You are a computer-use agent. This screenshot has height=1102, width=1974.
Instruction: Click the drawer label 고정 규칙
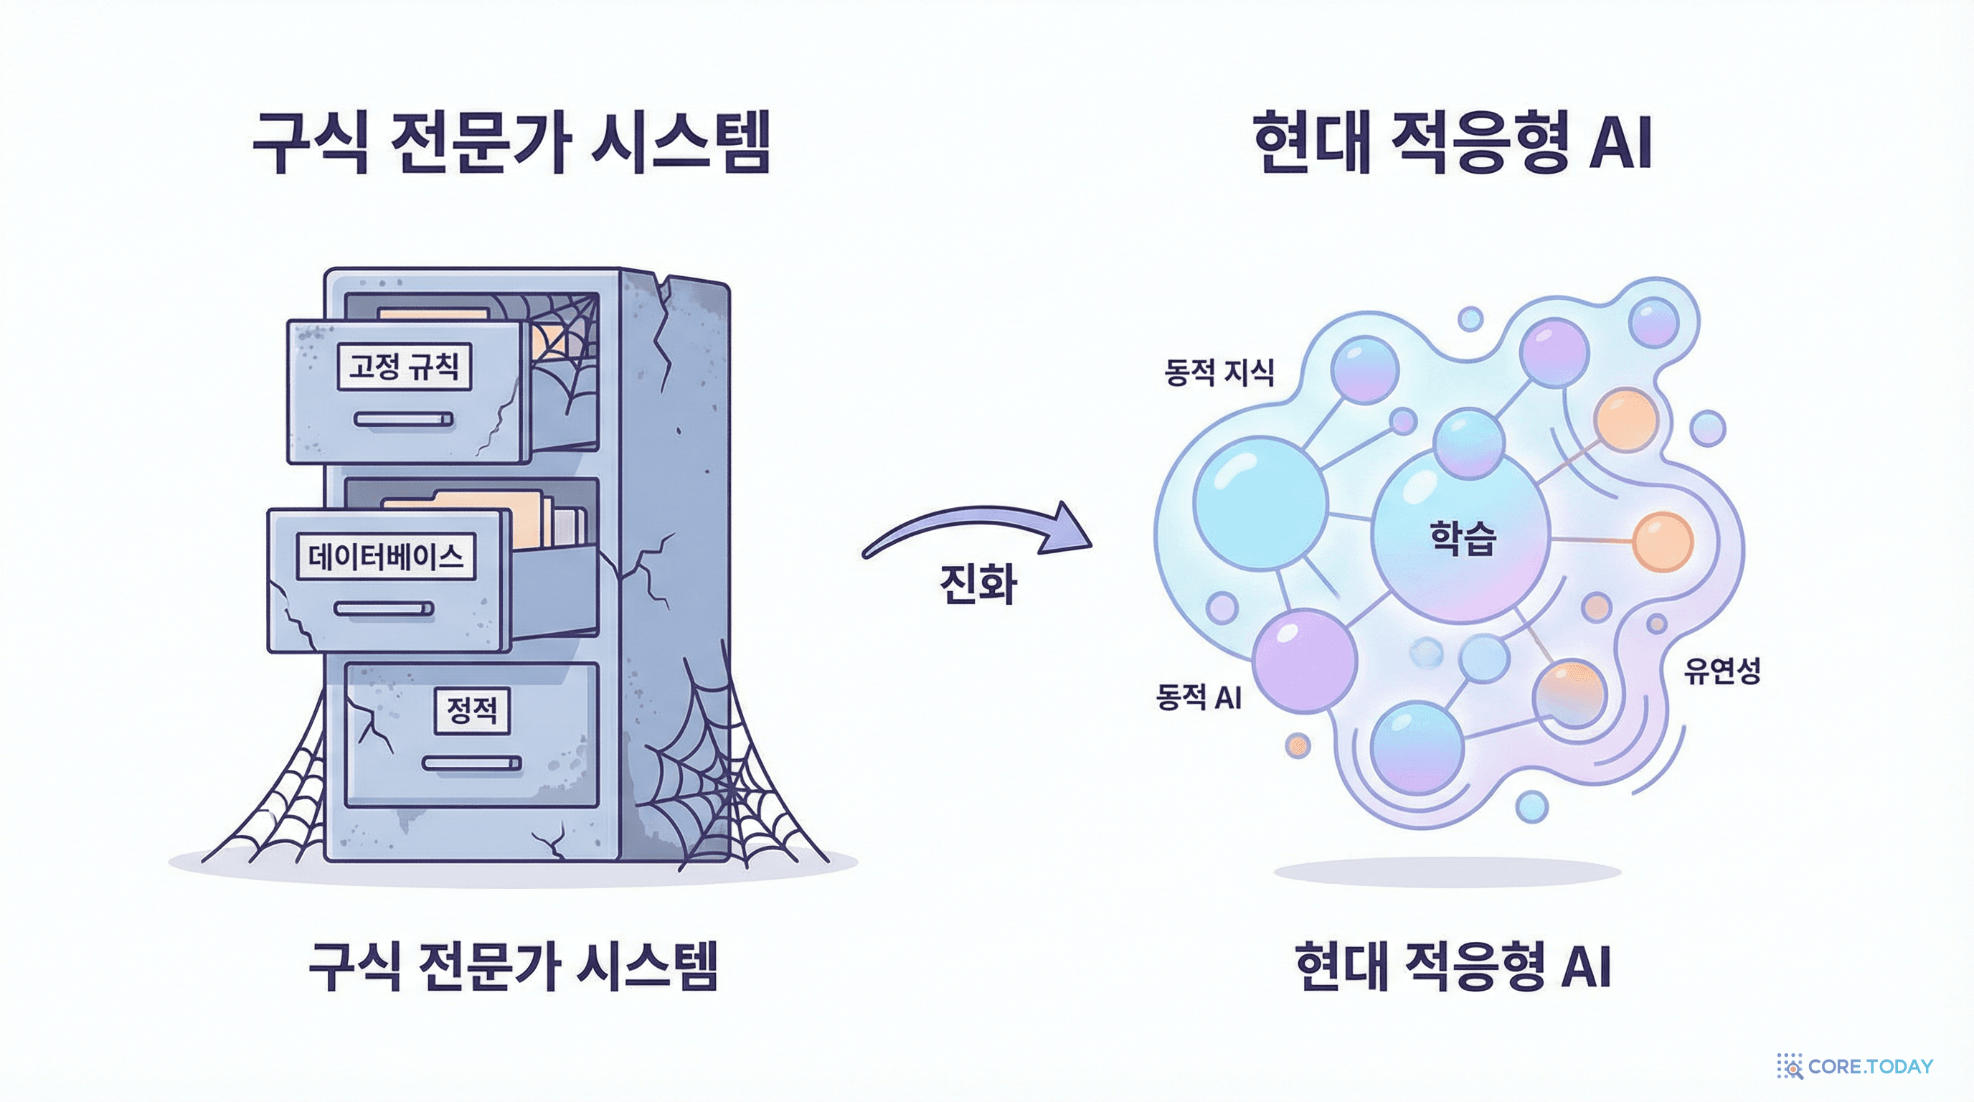404,367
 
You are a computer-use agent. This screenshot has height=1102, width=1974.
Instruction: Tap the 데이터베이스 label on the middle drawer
385,556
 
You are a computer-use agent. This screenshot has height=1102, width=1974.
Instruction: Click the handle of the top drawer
404,419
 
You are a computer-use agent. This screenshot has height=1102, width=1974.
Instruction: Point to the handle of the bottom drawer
471,763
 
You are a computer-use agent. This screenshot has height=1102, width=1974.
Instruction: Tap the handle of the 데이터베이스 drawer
384,608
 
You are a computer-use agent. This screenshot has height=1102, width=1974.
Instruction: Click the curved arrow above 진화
981,529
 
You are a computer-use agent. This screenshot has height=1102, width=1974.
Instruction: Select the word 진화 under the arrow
978,584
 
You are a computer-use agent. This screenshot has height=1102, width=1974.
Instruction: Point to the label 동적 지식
1219,372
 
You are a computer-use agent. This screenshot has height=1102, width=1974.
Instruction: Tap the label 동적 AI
1199,697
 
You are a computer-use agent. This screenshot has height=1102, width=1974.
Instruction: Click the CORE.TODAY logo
1855,1066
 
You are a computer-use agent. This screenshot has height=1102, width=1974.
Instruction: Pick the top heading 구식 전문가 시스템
511,143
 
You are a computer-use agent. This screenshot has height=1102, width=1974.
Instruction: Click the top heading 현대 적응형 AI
1452,143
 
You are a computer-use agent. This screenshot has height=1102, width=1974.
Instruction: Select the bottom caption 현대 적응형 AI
1452,966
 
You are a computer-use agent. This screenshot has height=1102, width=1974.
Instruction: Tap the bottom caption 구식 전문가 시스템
513,966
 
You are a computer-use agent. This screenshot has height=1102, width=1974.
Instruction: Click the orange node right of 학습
1662,542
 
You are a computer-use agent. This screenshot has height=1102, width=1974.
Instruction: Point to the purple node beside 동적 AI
1305,661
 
